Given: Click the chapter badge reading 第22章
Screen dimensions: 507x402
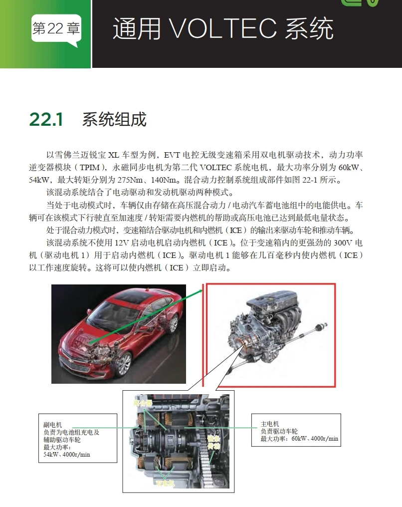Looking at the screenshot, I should [x=55, y=29].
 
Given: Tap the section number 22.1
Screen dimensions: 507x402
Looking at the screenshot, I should [x=46, y=120].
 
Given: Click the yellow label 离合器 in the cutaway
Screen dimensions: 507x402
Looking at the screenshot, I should [x=141, y=402].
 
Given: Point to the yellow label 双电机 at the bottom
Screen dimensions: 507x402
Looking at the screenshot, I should [x=165, y=483].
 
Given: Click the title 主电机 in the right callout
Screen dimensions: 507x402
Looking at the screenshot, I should [x=269, y=424].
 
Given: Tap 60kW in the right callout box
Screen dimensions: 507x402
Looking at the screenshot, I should [x=300, y=439].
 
